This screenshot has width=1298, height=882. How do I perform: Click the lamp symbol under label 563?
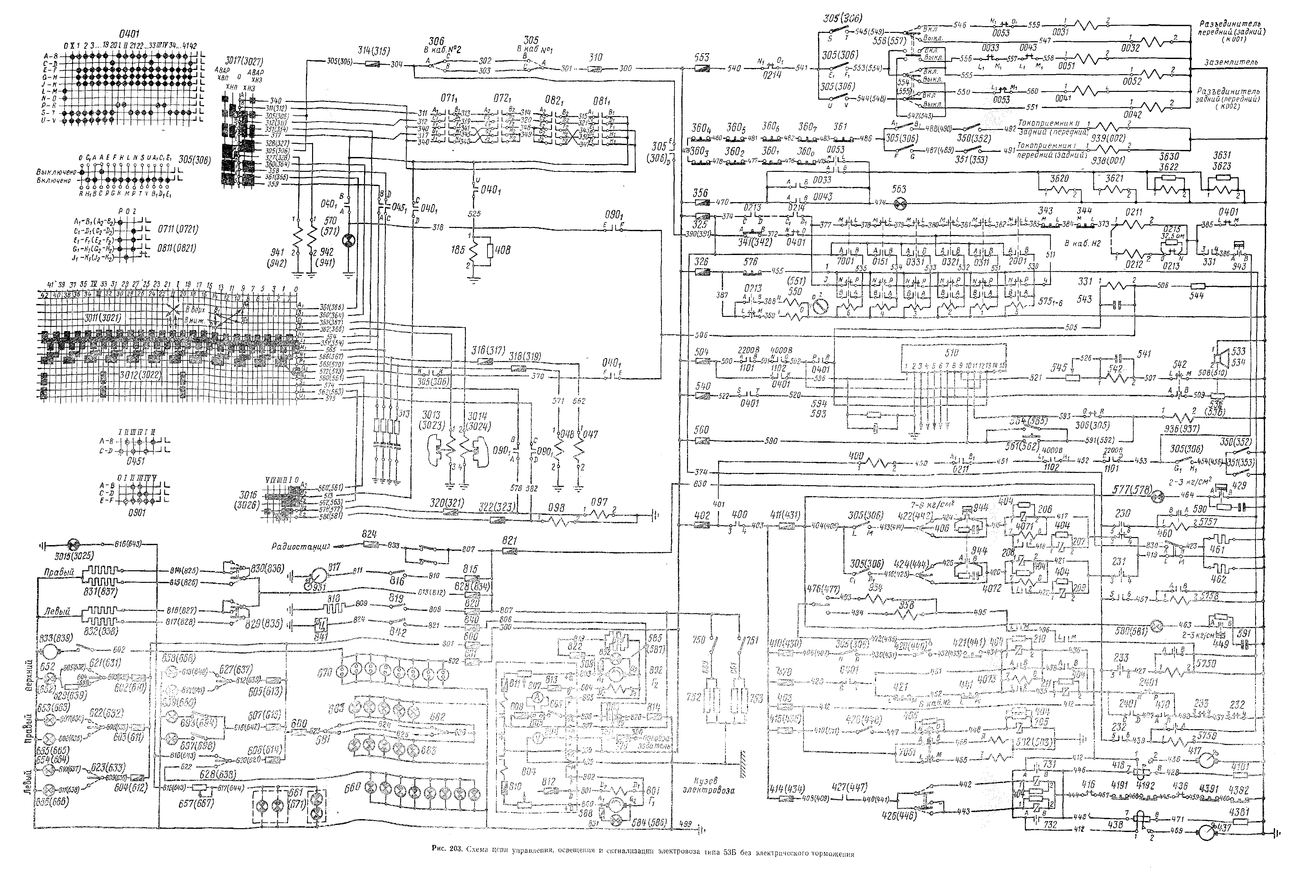[x=899, y=204]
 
